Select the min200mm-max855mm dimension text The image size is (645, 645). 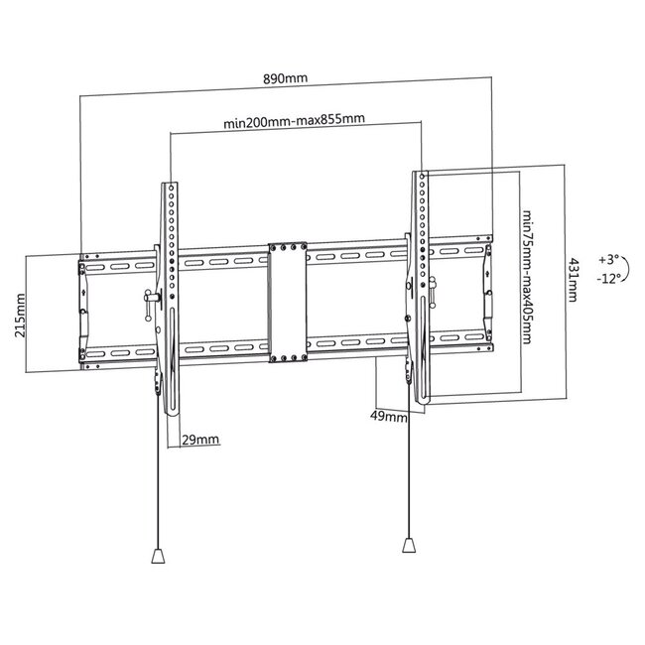click(x=295, y=123)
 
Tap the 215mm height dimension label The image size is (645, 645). click(x=21, y=315)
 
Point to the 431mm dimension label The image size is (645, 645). click(x=573, y=282)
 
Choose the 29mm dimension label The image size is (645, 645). click(x=200, y=439)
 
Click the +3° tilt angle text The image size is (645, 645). click(x=608, y=260)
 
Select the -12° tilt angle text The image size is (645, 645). click(x=608, y=279)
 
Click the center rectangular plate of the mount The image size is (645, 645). click(x=287, y=303)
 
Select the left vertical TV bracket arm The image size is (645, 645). click(x=169, y=298)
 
